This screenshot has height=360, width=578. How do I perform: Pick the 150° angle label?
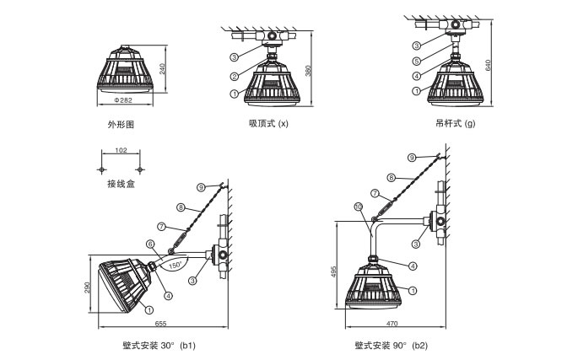coord(176,264)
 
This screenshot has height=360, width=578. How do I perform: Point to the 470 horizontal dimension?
coord(392,324)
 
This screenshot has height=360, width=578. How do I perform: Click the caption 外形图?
coord(121,125)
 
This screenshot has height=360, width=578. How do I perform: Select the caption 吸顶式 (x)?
coord(268,125)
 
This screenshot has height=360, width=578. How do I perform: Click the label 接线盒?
coord(121,184)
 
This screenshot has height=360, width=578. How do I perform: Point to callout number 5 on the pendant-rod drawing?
coord(416,61)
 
